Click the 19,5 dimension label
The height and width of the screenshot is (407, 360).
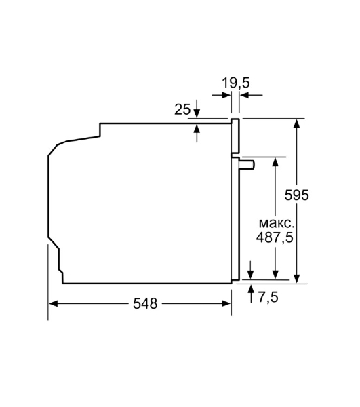point(236,83)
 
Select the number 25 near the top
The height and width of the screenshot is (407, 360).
point(182,109)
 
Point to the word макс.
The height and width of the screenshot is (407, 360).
point(275,223)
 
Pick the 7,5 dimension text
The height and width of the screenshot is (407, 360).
point(268,297)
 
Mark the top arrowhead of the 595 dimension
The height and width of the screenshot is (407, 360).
point(297,124)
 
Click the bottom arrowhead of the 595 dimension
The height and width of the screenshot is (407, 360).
point(297,277)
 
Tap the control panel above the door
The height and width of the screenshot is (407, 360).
point(235,136)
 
